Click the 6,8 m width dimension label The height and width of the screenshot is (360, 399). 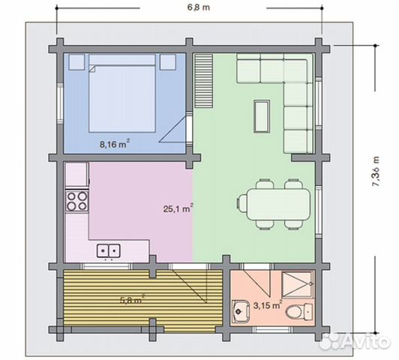pos(199,7)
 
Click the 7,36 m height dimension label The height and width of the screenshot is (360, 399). pos(376,171)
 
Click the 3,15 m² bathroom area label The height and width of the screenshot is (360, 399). pos(268,304)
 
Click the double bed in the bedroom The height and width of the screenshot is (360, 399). pos(122,93)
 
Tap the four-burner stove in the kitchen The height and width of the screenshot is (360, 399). pos(76,201)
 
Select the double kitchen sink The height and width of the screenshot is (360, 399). pos(109,250)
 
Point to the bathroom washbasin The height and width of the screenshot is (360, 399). pos(241,311)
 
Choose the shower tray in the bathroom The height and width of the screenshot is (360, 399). pos(298,284)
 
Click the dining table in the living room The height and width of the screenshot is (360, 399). pos(279,205)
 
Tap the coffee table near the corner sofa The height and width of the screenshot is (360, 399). pos(262,116)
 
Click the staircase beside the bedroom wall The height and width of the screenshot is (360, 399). pos(204,81)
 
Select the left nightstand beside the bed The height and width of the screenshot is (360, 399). pos(76,61)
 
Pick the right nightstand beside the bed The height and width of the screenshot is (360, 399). pos(168,61)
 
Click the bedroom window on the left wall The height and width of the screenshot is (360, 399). pos(60,103)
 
